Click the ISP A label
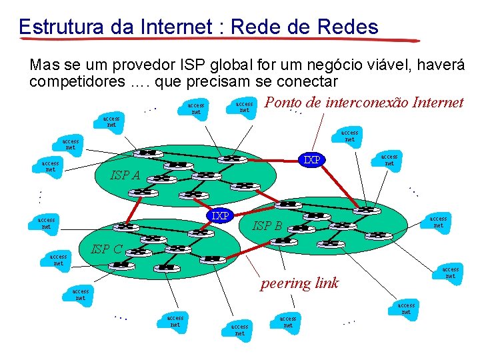point(125,176)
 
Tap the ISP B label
point(267,226)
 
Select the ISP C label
point(107,250)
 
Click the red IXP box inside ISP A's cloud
point(311,160)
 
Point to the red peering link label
point(299,283)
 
